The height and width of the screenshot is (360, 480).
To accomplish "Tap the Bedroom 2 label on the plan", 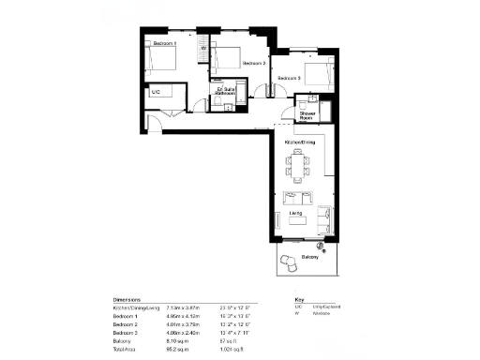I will point(255,63).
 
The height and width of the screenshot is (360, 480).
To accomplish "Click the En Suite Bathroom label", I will point(225,92).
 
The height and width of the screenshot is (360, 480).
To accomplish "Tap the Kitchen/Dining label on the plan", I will point(300,142).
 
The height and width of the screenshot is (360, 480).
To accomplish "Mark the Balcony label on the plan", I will point(309,258).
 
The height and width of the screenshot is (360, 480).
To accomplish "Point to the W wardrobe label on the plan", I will point(203,50).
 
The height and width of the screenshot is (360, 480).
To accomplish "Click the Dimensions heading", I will point(127,299).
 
